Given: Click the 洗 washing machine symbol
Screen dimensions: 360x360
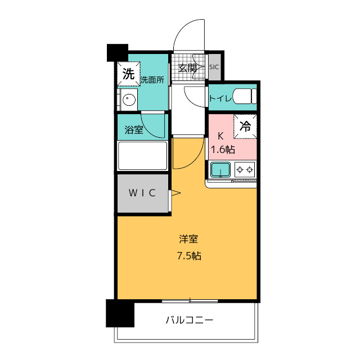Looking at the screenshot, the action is pos(129,74).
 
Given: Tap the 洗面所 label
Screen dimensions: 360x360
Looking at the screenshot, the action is pos(152,80).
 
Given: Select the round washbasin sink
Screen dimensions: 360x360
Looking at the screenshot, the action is pos(129,100).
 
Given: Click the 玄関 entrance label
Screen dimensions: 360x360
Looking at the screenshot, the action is pos(187,68).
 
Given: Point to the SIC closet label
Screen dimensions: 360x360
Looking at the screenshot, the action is pos(214,67).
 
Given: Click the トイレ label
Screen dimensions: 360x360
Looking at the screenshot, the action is pos(220,98).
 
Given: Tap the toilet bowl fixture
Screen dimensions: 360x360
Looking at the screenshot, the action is pos(245,96).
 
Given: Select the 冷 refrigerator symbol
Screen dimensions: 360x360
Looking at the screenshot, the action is pos(245,127).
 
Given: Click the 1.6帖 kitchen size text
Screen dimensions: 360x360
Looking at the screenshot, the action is pos(223,150).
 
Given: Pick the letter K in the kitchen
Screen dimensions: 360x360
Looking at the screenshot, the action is pos(220,136).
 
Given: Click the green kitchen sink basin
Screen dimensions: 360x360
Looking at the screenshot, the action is pos(220,170).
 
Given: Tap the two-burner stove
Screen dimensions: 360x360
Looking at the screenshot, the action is pos(245,170).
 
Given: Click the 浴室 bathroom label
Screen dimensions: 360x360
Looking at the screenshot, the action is pos(134,130).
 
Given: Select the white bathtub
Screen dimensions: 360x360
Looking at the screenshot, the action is pos(142,156).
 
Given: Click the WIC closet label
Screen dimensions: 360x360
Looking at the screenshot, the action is pos(142,193).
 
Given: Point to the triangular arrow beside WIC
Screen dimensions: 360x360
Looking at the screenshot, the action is pos(175,193).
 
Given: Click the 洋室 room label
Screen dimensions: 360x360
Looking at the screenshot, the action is pos(188,239).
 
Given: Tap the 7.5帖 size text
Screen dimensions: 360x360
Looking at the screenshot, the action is pos(189,256).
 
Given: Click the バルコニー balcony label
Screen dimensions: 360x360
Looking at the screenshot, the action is pos(190,320).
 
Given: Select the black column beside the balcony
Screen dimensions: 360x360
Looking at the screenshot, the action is pos(120,313).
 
